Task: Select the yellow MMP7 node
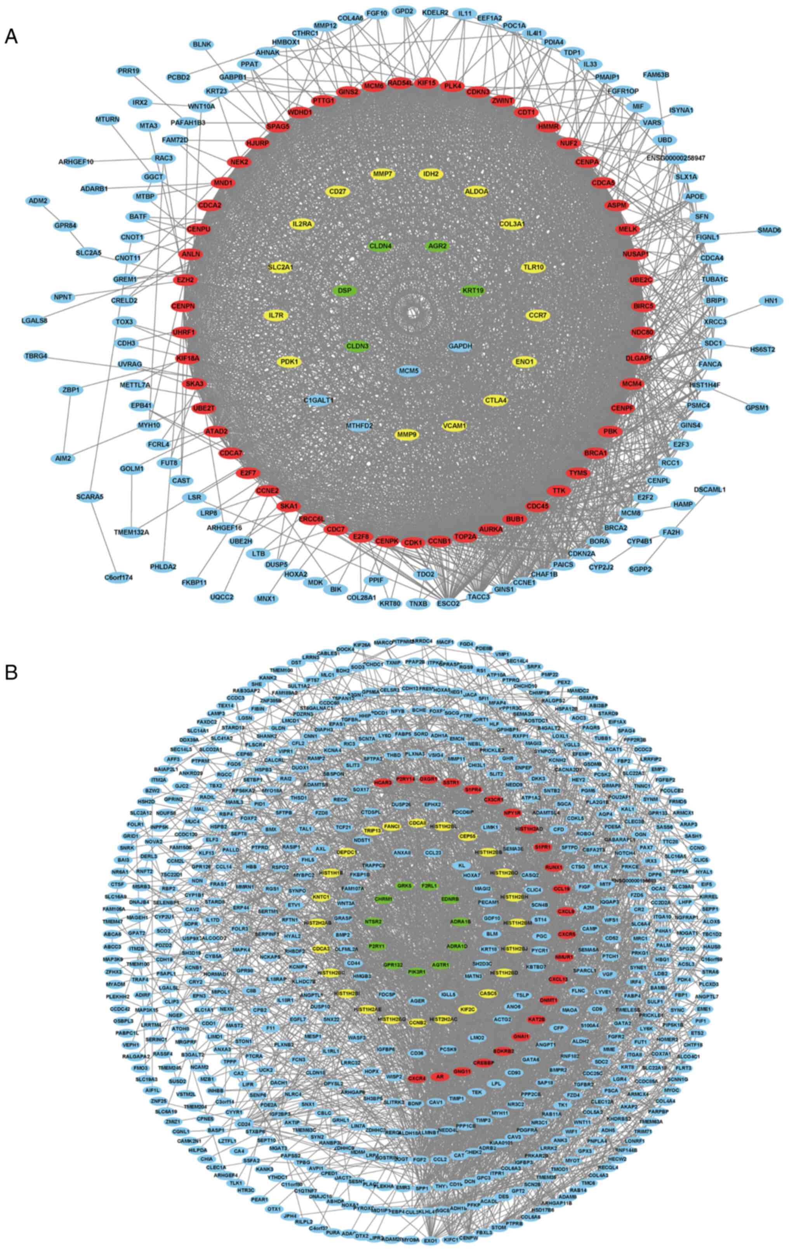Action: point(382,174)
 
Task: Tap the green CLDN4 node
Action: point(380,246)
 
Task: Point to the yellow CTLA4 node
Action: point(495,400)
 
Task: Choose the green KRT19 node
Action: point(473,290)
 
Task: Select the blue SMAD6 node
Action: point(769,230)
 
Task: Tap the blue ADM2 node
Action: point(38,200)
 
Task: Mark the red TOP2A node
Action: point(466,537)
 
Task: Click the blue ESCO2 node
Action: point(448,604)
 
